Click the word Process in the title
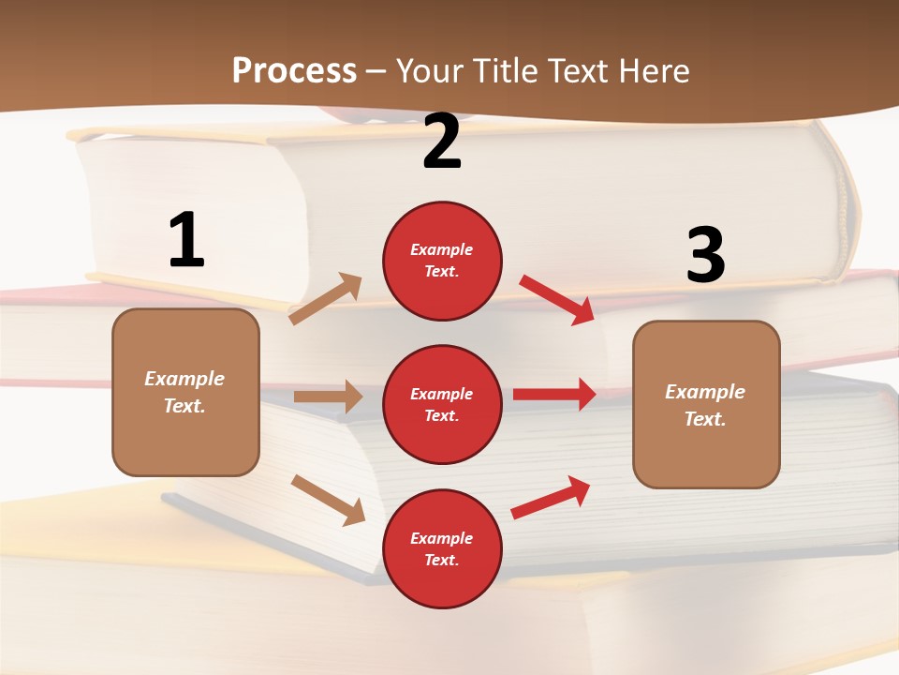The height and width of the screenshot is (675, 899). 294,70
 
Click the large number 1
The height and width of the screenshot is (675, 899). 186,240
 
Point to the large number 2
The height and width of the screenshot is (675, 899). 442,142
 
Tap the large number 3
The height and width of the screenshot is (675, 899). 705,255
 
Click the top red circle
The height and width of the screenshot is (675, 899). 442,261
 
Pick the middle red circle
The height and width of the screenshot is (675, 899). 442,404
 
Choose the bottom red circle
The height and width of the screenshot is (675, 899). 442,548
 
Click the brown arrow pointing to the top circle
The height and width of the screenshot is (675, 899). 326,299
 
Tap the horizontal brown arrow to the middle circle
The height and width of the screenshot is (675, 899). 328,397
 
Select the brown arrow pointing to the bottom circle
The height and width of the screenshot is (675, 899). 328,500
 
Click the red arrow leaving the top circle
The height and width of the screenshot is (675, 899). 557,299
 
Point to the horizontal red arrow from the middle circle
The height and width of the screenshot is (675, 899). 554,394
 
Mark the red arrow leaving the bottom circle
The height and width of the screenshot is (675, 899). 551,498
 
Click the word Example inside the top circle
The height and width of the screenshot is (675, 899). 442,249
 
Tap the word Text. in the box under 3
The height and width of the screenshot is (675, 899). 705,419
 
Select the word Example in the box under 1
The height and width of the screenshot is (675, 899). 184,379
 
